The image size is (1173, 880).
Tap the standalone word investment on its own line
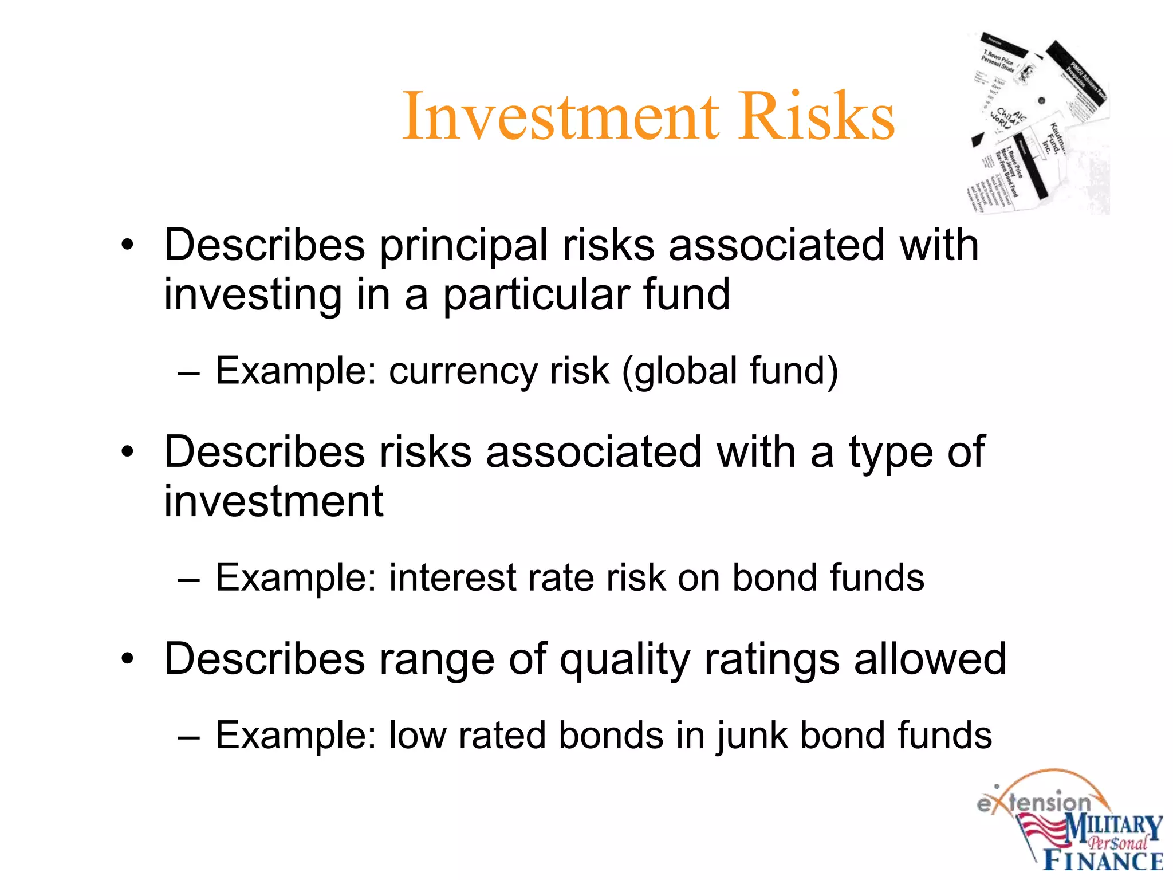[273, 502]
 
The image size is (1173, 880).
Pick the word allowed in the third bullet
[930, 659]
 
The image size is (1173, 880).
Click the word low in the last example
[418, 736]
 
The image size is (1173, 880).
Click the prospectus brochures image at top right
[1038, 123]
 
